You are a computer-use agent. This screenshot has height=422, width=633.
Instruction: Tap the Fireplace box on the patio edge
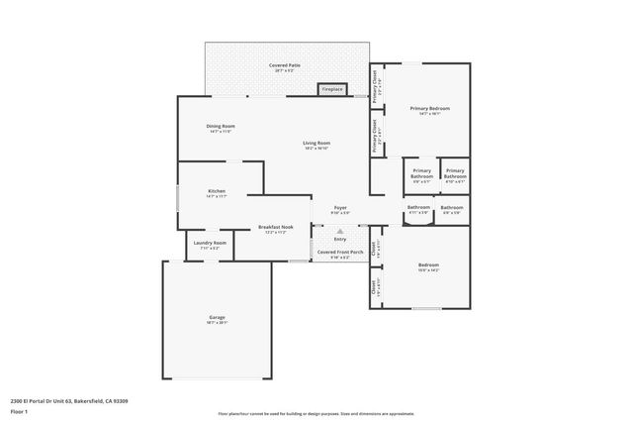[x=331, y=89]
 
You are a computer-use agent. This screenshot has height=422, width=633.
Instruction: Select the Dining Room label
[x=221, y=126]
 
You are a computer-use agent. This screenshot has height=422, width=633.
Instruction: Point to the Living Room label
[x=316, y=143]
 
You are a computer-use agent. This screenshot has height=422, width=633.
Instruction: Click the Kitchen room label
[x=217, y=190]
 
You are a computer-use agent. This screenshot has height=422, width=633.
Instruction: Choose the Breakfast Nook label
[x=276, y=227]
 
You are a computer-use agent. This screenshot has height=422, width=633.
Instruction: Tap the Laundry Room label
[x=209, y=243]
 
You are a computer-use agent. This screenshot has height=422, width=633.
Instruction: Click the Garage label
[x=217, y=317]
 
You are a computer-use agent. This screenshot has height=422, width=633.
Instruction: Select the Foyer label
[x=339, y=207]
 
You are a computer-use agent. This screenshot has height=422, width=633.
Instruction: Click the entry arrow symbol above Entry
[x=339, y=231]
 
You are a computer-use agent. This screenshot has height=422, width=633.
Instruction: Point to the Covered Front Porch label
[x=339, y=252]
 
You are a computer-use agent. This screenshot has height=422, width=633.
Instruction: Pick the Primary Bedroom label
[x=430, y=107]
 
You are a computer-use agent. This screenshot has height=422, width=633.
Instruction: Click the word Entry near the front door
[x=339, y=239]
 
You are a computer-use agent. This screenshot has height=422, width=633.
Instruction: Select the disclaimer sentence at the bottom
[x=316, y=413]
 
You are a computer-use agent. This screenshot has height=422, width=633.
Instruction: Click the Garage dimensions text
[x=217, y=323]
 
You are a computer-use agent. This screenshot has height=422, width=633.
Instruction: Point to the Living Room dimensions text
[x=316, y=149]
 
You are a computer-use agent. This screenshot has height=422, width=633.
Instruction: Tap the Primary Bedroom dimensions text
[x=430, y=113]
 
